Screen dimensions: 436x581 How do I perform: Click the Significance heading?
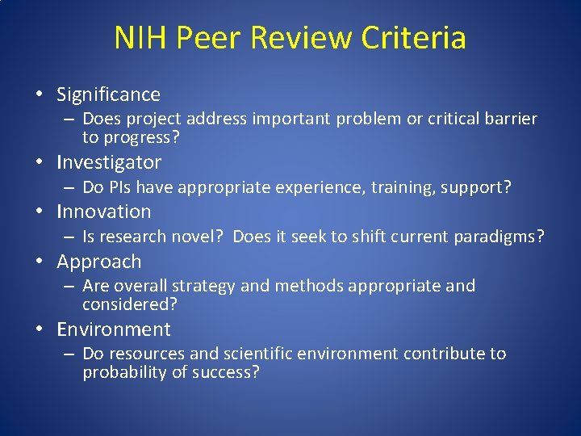click(x=108, y=94)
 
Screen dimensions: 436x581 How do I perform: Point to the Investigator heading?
click(x=109, y=162)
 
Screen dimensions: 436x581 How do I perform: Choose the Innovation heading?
click(x=104, y=212)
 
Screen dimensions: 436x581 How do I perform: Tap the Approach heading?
click(x=98, y=262)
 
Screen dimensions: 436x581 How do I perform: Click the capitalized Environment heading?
click(x=114, y=329)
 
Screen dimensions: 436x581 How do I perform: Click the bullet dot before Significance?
click(x=40, y=95)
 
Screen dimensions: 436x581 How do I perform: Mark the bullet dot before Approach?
click(x=40, y=262)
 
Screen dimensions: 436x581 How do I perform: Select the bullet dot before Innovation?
click(x=40, y=212)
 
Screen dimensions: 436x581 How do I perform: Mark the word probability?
click(x=123, y=372)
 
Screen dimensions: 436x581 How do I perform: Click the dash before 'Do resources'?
click(x=68, y=354)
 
